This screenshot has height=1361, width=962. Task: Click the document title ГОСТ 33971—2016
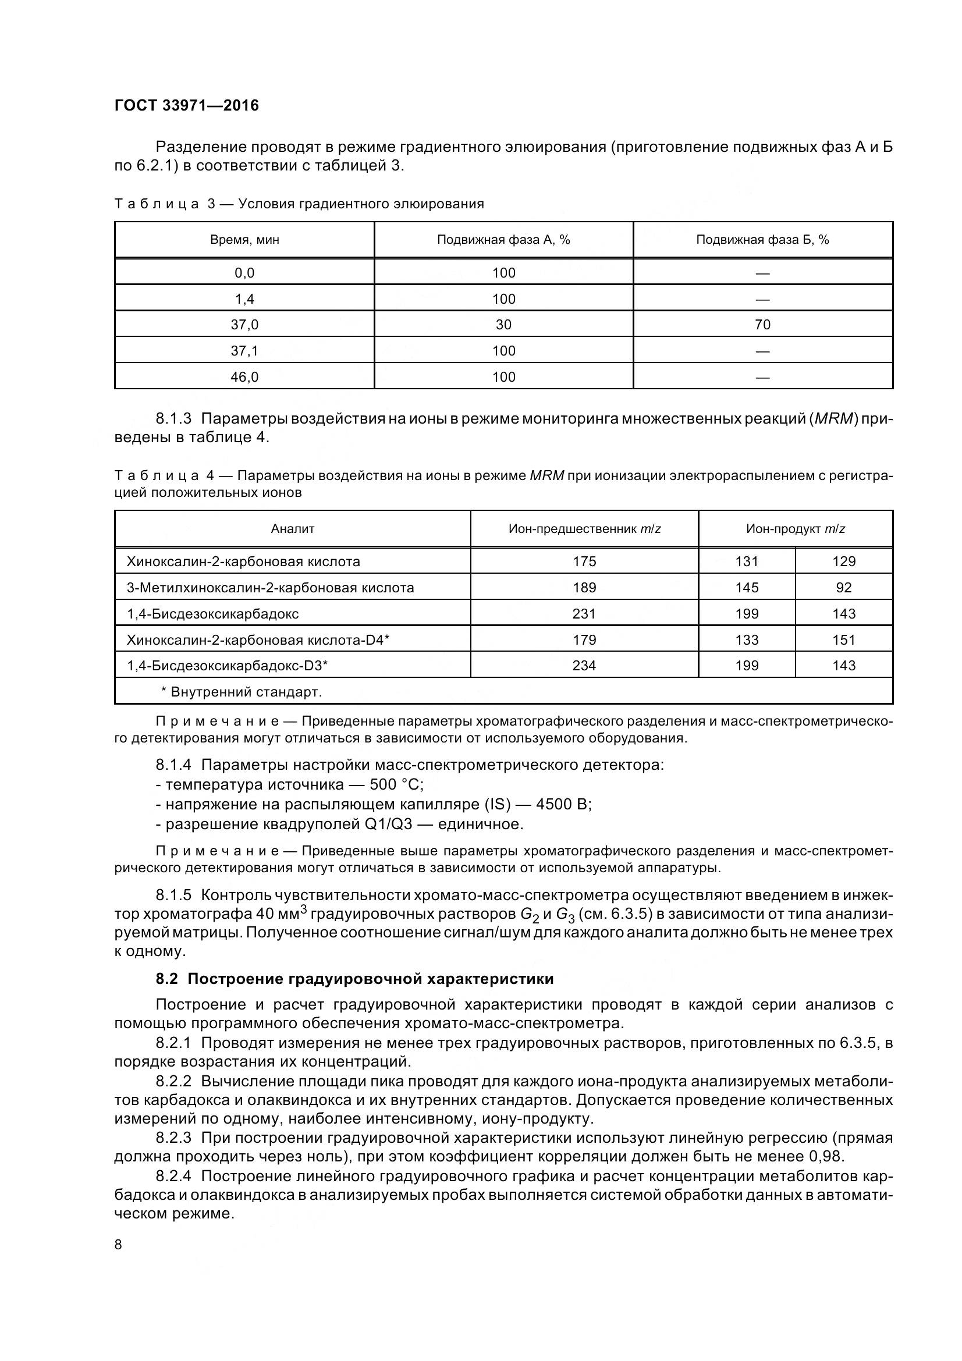coord(186,105)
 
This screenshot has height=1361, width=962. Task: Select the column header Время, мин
coord(244,240)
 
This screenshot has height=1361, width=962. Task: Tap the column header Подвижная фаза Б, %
coord(762,240)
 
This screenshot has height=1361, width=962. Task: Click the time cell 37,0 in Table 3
coord(244,325)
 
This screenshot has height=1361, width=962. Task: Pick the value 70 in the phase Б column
coord(762,325)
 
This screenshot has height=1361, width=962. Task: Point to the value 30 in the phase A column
coord(503,325)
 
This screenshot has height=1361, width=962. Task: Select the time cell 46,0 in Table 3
coord(244,377)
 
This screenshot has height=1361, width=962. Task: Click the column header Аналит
coord(292,529)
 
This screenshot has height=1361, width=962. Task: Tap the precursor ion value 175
coord(584,562)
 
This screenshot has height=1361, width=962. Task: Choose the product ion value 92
coord(843,588)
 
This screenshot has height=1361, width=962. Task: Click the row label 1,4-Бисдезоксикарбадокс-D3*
coord(227,666)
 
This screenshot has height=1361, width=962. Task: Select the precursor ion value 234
coord(584,666)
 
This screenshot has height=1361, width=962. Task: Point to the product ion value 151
coord(843,639)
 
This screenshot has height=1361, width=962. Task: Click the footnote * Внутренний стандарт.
coord(242,692)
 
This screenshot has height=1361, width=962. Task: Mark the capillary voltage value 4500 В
coord(563,804)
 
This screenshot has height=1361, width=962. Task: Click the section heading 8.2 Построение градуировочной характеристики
coord(354,979)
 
